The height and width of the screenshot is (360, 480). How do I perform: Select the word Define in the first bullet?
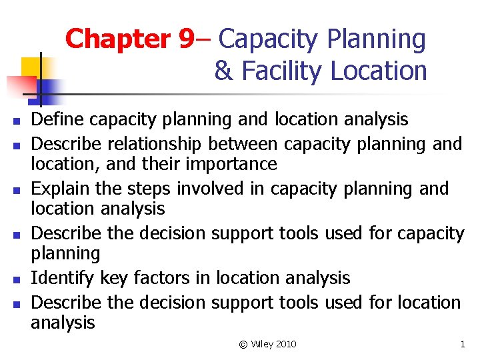point(58,120)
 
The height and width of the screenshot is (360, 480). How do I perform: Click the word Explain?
point(61,189)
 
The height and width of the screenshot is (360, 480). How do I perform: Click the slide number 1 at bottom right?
point(462,344)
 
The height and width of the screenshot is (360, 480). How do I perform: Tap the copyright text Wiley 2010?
point(273,344)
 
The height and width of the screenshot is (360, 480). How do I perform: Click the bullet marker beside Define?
point(13,122)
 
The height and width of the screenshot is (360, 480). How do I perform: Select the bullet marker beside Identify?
point(13,280)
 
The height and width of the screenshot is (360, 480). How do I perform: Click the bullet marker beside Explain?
point(13,191)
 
